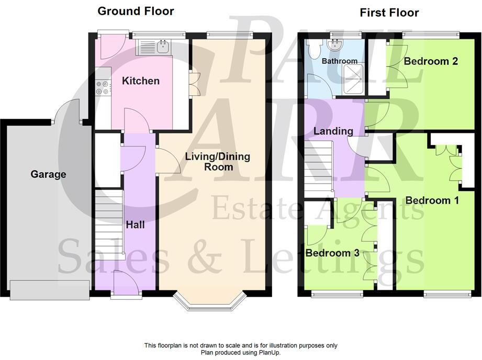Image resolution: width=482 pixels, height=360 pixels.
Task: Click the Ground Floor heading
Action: coord(136,11)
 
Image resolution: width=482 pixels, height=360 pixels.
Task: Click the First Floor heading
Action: coord(389,13)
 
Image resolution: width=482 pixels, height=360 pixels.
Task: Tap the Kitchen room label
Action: coord(140,81)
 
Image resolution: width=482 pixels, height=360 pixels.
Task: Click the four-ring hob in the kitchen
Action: coord(102,88)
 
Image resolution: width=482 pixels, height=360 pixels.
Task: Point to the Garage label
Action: coord(48,174)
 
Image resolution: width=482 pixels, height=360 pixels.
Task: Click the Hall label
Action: coord(135,225)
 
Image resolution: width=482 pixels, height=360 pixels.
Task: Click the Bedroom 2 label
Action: coord(431,61)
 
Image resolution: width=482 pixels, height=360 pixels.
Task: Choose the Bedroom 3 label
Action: coord(332,253)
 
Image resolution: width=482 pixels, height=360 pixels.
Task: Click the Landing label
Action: coord(333,131)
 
